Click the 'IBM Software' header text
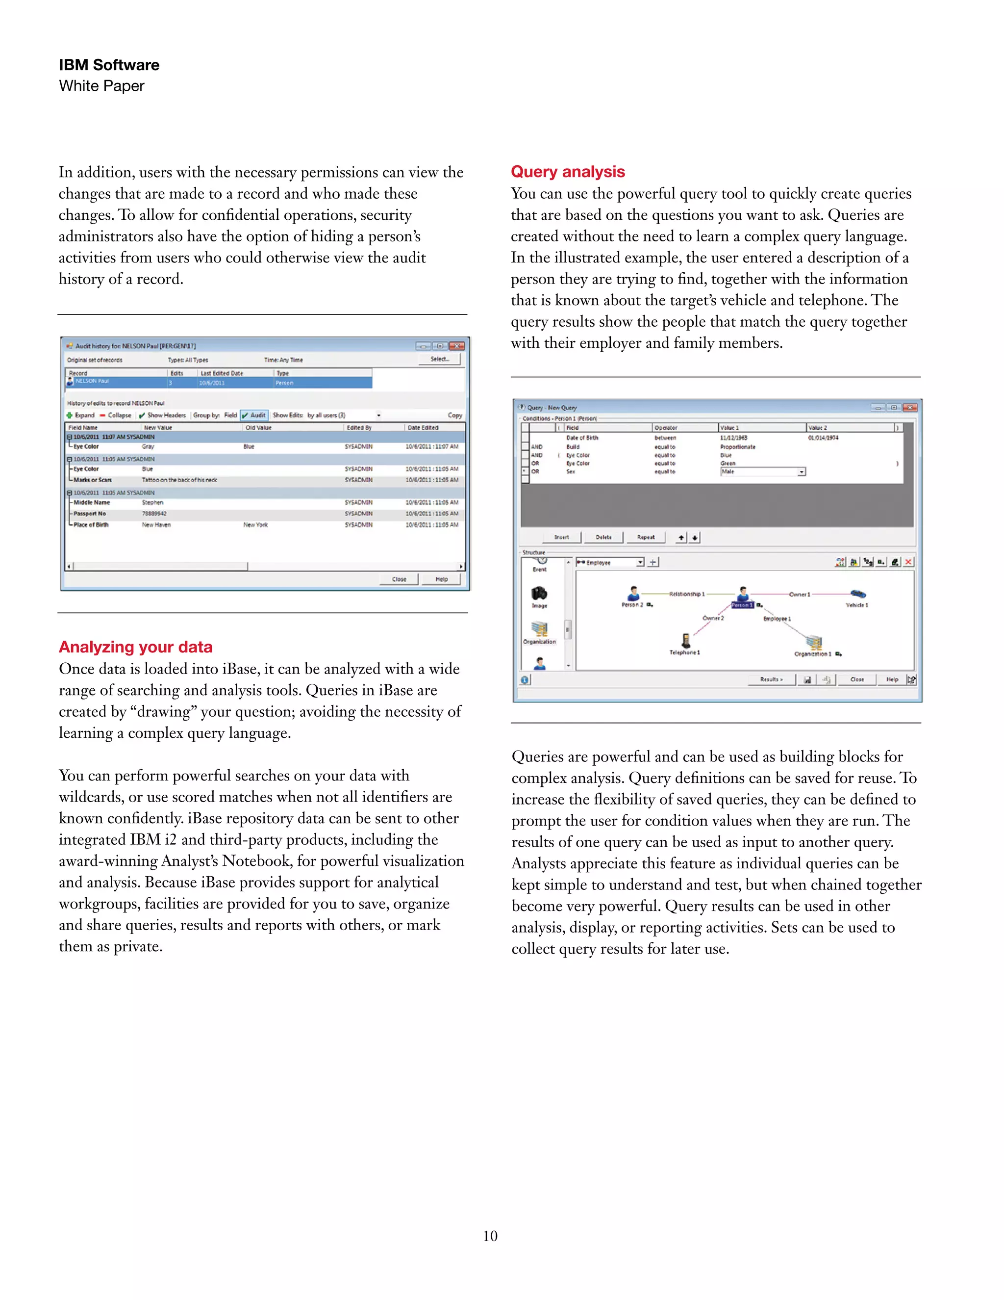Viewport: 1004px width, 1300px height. (x=109, y=65)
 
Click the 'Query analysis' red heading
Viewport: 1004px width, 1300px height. (x=567, y=172)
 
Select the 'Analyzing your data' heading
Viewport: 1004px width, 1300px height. (x=136, y=647)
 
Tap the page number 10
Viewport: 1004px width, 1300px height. (x=490, y=1236)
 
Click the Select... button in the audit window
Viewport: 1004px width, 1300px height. (x=440, y=359)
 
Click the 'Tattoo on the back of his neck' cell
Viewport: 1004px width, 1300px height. (x=179, y=480)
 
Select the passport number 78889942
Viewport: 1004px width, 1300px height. (x=154, y=514)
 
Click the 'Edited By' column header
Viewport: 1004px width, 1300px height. (x=359, y=427)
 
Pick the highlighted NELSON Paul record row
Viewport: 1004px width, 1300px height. (x=220, y=382)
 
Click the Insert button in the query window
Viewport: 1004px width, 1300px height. (x=561, y=537)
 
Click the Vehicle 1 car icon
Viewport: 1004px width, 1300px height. (x=858, y=594)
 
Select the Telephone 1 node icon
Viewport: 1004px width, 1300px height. (x=686, y=641)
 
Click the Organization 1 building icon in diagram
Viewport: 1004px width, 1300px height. (x=814, y=643)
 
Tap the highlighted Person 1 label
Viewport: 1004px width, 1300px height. (x=742, y=605)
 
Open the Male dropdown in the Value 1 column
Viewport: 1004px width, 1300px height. (x=801, y=471)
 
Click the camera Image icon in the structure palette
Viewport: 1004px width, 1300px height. (x=539, y=594)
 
